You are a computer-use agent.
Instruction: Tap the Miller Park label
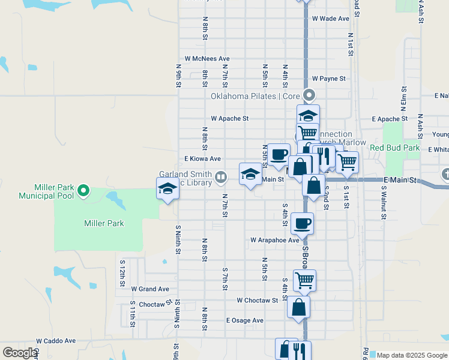(x=104, y=223)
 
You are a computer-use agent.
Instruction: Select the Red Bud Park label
(x=394, y=148)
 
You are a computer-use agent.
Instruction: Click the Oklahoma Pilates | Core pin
(x=309, y=95)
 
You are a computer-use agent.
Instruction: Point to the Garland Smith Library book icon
(x=221, y=176)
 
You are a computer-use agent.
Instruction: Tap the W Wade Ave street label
(x=330, y=19)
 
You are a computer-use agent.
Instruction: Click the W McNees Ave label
(x=207, y=59)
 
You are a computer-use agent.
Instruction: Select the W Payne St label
(x=328, y=79)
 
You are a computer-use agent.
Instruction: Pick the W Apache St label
(x=229, y=119)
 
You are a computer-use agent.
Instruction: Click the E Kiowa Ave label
(x=202, y=158)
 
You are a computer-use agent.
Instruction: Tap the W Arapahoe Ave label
(x=274, y=240)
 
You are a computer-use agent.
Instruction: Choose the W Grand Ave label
(x=150, y=289)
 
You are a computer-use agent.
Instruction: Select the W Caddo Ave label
(x=56, y=340)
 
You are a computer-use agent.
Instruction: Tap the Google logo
(x=19, y=353)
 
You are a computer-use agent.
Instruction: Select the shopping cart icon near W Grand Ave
(x=304, y=280)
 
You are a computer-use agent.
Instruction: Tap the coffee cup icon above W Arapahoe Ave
(x=302, y=223)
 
